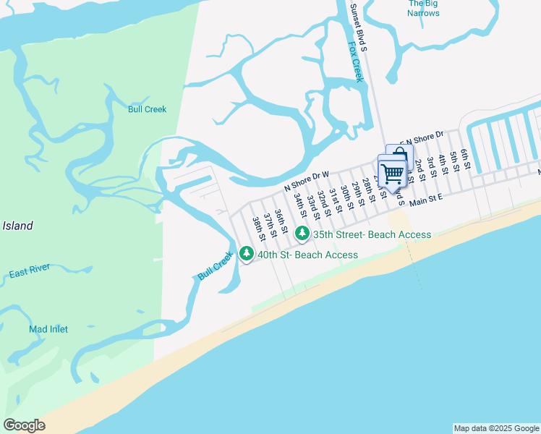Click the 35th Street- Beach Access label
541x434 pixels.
[x=372, y=234]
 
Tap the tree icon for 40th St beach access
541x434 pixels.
[x=247, y=255]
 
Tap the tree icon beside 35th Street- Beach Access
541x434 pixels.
[x=302, y=234]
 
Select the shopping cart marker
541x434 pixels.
[x=392, y=172]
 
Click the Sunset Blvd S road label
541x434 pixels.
[x=359, y=28]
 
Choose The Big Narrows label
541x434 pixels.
[x=423, y=8]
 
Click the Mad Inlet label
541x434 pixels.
[x=48, y=329]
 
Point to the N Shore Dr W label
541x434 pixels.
[x=307, y=179]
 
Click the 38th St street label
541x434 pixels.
[x=257, y=227]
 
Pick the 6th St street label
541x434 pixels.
[x=465, y=159]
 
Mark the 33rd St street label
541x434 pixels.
[x=312, y=205]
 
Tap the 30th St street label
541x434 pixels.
[x=347, y=197]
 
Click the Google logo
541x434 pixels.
[x=24, y=425]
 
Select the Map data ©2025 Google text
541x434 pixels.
[x=495, y=428]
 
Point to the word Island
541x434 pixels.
[x=17, y=226]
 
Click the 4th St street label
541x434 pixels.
[x=442, y=164]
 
